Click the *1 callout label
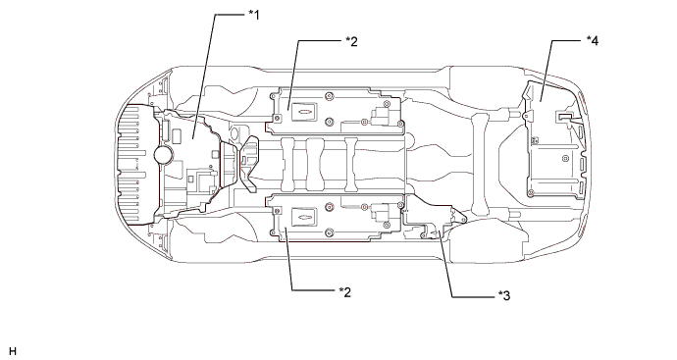pyautogui.click(x=254, y=15)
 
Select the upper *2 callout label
pyautogui.click(x=351, y=41)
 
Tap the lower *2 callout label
pyautogui.click(x=345, y=292)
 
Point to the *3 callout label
pyautogui.click(x=504, y=295)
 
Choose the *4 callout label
pyautogui.click(x=593, y=40)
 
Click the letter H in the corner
pyautogui.click(x=13, y=351)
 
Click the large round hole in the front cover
pyautogui.click(x=164, y=154)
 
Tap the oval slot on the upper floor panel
pyautogui.click(x=304, y=112)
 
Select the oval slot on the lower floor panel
pyautogui.click(x=304, y=217)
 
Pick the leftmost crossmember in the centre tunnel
pyautogui.click(x=288, y=165)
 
